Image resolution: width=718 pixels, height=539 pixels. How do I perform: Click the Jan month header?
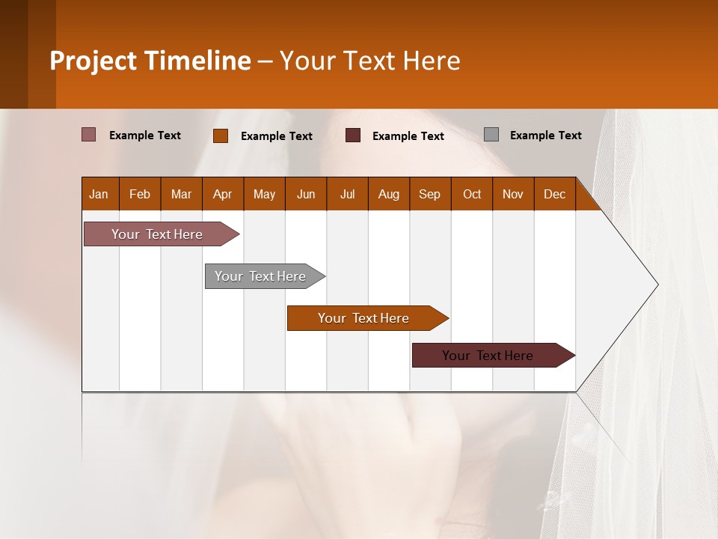pos(99,194)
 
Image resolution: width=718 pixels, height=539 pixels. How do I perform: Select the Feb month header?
pos(140,194)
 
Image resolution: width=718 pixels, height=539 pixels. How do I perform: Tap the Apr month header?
pos(222,194)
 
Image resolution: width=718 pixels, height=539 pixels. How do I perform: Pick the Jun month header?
pos(306,194)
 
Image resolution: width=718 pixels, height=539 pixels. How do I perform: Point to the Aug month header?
pos(388,194)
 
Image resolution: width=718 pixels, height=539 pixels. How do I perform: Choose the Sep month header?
pos(429,194)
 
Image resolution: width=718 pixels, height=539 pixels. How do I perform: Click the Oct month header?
pos(472,194)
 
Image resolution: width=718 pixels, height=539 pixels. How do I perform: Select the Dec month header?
pos(554,194)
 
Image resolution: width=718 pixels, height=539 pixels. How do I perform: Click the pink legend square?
pos(88,135)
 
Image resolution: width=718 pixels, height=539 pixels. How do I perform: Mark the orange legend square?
pos(220,135)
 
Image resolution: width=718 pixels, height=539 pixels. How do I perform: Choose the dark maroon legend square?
pos(353,135)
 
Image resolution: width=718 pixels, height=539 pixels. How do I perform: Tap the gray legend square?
pos(491,135)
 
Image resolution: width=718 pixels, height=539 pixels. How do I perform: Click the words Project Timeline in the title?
pos(150,61)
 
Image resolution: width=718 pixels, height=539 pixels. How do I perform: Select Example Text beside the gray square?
pos(545,135)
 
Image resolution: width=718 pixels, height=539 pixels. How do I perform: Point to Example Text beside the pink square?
pos(145,135)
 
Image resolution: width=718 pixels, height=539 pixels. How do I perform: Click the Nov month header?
pos(513,194)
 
